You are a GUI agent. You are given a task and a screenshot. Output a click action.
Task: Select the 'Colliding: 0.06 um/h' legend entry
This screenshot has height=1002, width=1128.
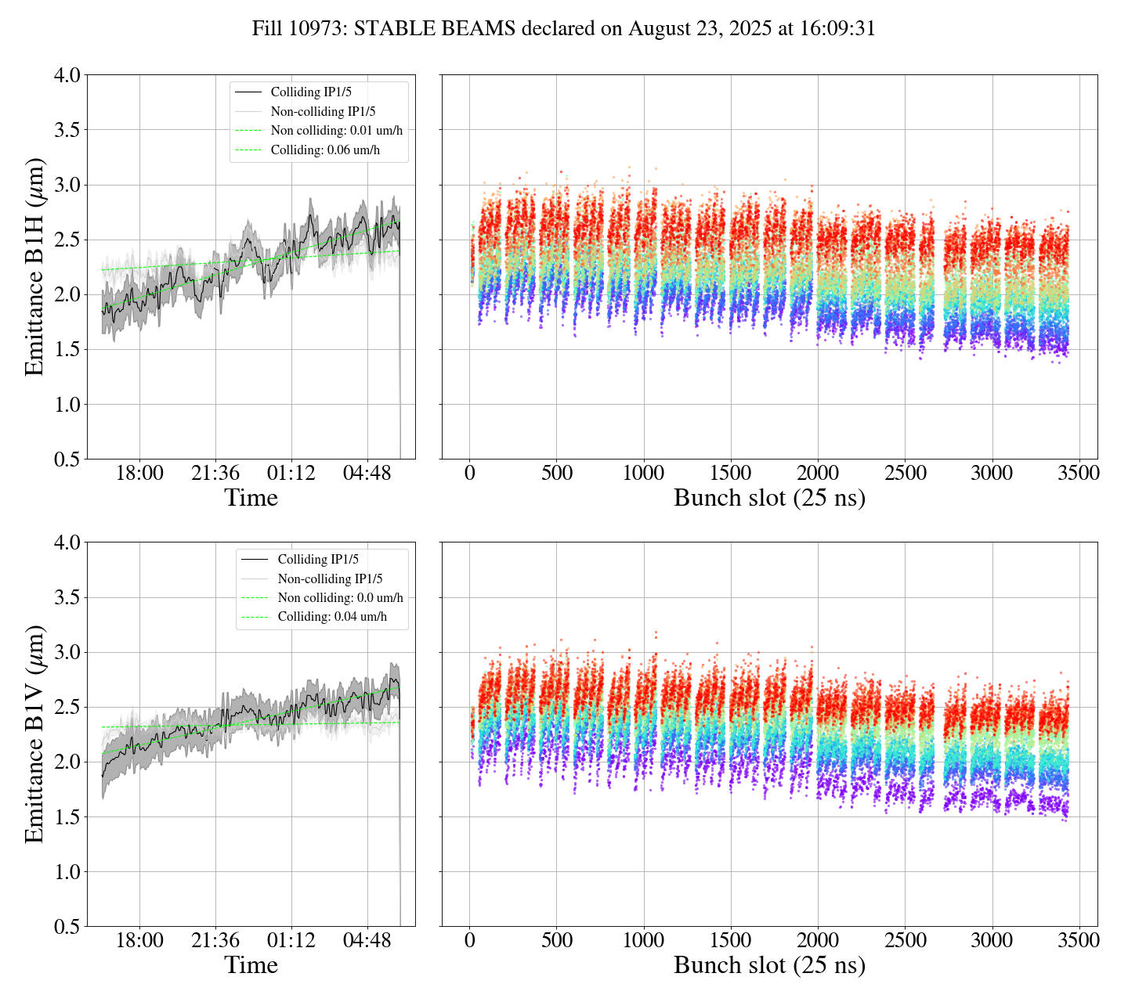pyautogui.click(x=325, y=150)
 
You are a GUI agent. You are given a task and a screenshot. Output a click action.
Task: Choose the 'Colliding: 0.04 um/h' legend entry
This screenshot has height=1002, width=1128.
pyautogui.click(x=332, y=617)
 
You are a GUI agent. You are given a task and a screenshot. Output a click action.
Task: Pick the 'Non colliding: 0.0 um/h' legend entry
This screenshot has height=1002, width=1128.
pyautogui.click(x=340, y=598)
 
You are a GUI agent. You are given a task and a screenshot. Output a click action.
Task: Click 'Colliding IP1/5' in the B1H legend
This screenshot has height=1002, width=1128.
pyautogui.click(x=311, y=92)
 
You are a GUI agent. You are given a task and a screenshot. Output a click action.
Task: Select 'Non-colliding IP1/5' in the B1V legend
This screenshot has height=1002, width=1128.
pyautogui.click(x=330, y=579)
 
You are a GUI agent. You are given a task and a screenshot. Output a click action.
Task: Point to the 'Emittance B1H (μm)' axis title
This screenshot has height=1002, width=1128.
pyautogui.click(x=34, y=267)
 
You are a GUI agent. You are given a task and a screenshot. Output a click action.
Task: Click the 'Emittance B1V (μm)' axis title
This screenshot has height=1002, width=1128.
pyautogui.click(x=34, y=734)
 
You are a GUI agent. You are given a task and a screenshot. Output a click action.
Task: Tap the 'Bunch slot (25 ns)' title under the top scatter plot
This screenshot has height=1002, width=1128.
pyautogui.click(x=769, y=498)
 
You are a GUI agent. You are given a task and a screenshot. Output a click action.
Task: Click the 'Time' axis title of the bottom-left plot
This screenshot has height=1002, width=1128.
pyautogui.click(x=251, y=965)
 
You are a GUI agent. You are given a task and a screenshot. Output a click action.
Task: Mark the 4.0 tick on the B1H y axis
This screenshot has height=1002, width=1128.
pyautogui.click(x=67, y=76)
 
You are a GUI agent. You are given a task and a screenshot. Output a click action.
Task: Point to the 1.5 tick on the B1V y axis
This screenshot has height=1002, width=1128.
pyautogui.click(x=67, y=817)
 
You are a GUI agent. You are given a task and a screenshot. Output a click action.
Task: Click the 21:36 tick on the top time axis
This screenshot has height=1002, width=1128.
pyautogui.click(x=215, y=474)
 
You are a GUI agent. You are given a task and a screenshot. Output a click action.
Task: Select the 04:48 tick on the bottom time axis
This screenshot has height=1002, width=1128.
pyautogui.click(x=367, y=940)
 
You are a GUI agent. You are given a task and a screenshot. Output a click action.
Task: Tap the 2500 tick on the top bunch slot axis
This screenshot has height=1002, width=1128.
pyautogui.click(x=905, y=474)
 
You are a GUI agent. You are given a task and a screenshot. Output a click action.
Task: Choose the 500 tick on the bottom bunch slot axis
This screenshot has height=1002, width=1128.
pyautogui.click(x=557, y=940)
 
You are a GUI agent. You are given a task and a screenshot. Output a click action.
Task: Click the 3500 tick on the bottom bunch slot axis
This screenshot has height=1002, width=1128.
pyautogui.click(x=1079, y=940)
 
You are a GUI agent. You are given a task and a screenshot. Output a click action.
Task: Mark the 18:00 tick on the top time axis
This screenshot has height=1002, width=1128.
pyautogui.click(x=139, y=474)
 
